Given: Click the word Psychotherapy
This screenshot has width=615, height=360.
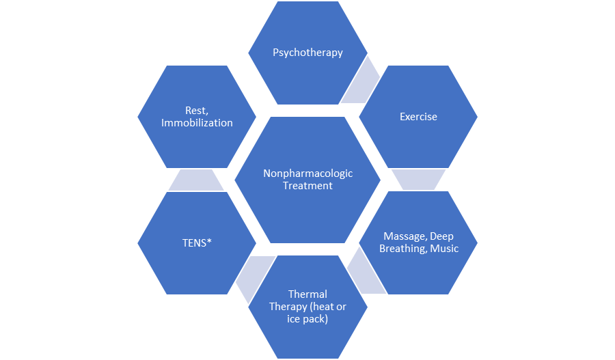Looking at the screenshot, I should [307, 53].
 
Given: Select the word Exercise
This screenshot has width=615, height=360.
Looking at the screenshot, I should [418, 117].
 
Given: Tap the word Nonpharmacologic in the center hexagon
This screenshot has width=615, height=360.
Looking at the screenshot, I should [308, 174].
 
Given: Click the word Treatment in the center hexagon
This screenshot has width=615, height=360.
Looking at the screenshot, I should [308, 186].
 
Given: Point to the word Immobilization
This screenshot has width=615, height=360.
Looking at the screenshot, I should [197, 123].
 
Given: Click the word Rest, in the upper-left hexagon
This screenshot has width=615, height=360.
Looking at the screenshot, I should [198, 111].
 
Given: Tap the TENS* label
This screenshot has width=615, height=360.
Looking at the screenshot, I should [197, 243].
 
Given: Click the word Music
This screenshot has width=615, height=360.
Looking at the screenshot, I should [444, 249].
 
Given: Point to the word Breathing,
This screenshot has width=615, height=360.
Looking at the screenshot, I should [403, 249].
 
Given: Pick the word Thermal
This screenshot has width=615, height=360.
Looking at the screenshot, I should [307, 294].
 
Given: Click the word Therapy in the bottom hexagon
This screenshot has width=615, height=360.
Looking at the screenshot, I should [288, 307].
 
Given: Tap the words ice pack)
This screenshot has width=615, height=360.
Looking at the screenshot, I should [308, 319].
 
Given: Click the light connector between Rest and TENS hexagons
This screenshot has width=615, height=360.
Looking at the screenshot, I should [196, 180].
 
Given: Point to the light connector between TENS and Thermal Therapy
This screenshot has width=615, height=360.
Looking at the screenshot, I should [251, 272].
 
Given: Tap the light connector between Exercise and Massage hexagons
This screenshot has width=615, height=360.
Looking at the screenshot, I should [418, 180].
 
